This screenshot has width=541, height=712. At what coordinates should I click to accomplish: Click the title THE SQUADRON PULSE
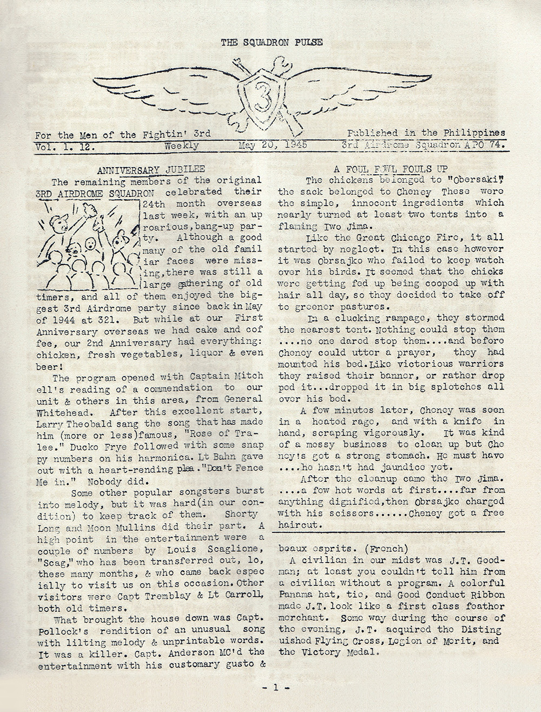click(x=272, y=42)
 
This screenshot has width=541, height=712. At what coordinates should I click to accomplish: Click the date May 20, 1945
click(x=273, y=145)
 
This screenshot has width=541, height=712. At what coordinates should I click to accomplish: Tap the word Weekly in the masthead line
click(x=182, y=146)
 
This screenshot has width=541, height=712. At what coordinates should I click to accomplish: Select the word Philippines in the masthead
click(x=473, y=133)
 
